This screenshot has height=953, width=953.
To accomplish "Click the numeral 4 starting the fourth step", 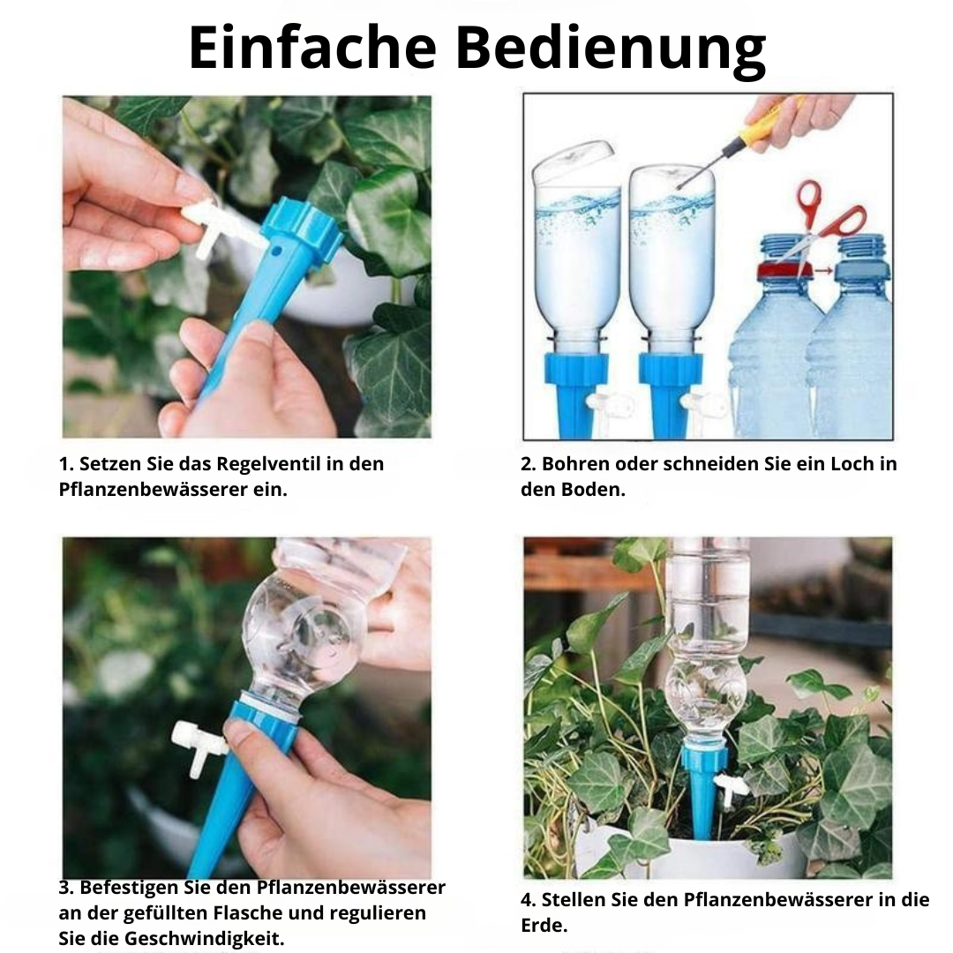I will tap(527, 900).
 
